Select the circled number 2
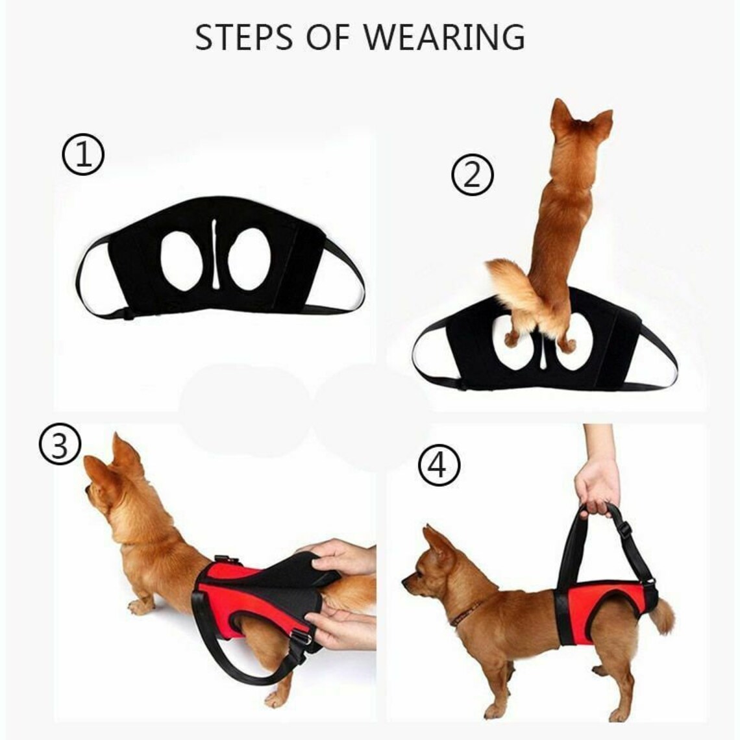coord(473,175)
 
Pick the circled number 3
coord(59,447)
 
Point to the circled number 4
coord(439,466)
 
